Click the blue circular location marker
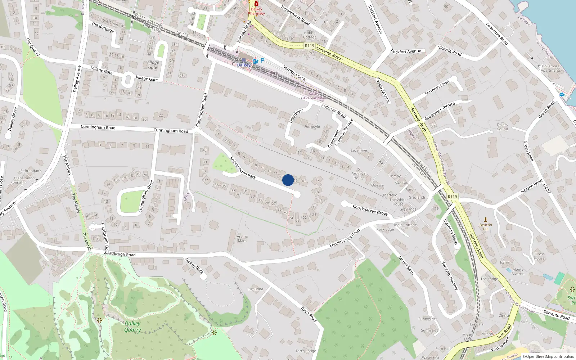(288, 180)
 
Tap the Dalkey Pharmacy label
(256, 12)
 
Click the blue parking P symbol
(262, 60)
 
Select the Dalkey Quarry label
(132, 327)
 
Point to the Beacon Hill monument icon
(486, 220)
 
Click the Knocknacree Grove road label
(370, 210)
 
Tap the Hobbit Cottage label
(310, 35)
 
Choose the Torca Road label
(309, 314)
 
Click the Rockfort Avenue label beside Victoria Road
(406, 51)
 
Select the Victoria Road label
(450, 51)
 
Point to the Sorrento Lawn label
(437, 87)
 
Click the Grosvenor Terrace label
(440, 111)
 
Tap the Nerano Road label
(531, 186)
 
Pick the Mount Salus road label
(406, 266)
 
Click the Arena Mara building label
(242, 238)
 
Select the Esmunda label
(255, 289)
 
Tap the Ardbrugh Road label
(121, 254)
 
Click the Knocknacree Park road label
(243, 168)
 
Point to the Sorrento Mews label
(450, 232)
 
